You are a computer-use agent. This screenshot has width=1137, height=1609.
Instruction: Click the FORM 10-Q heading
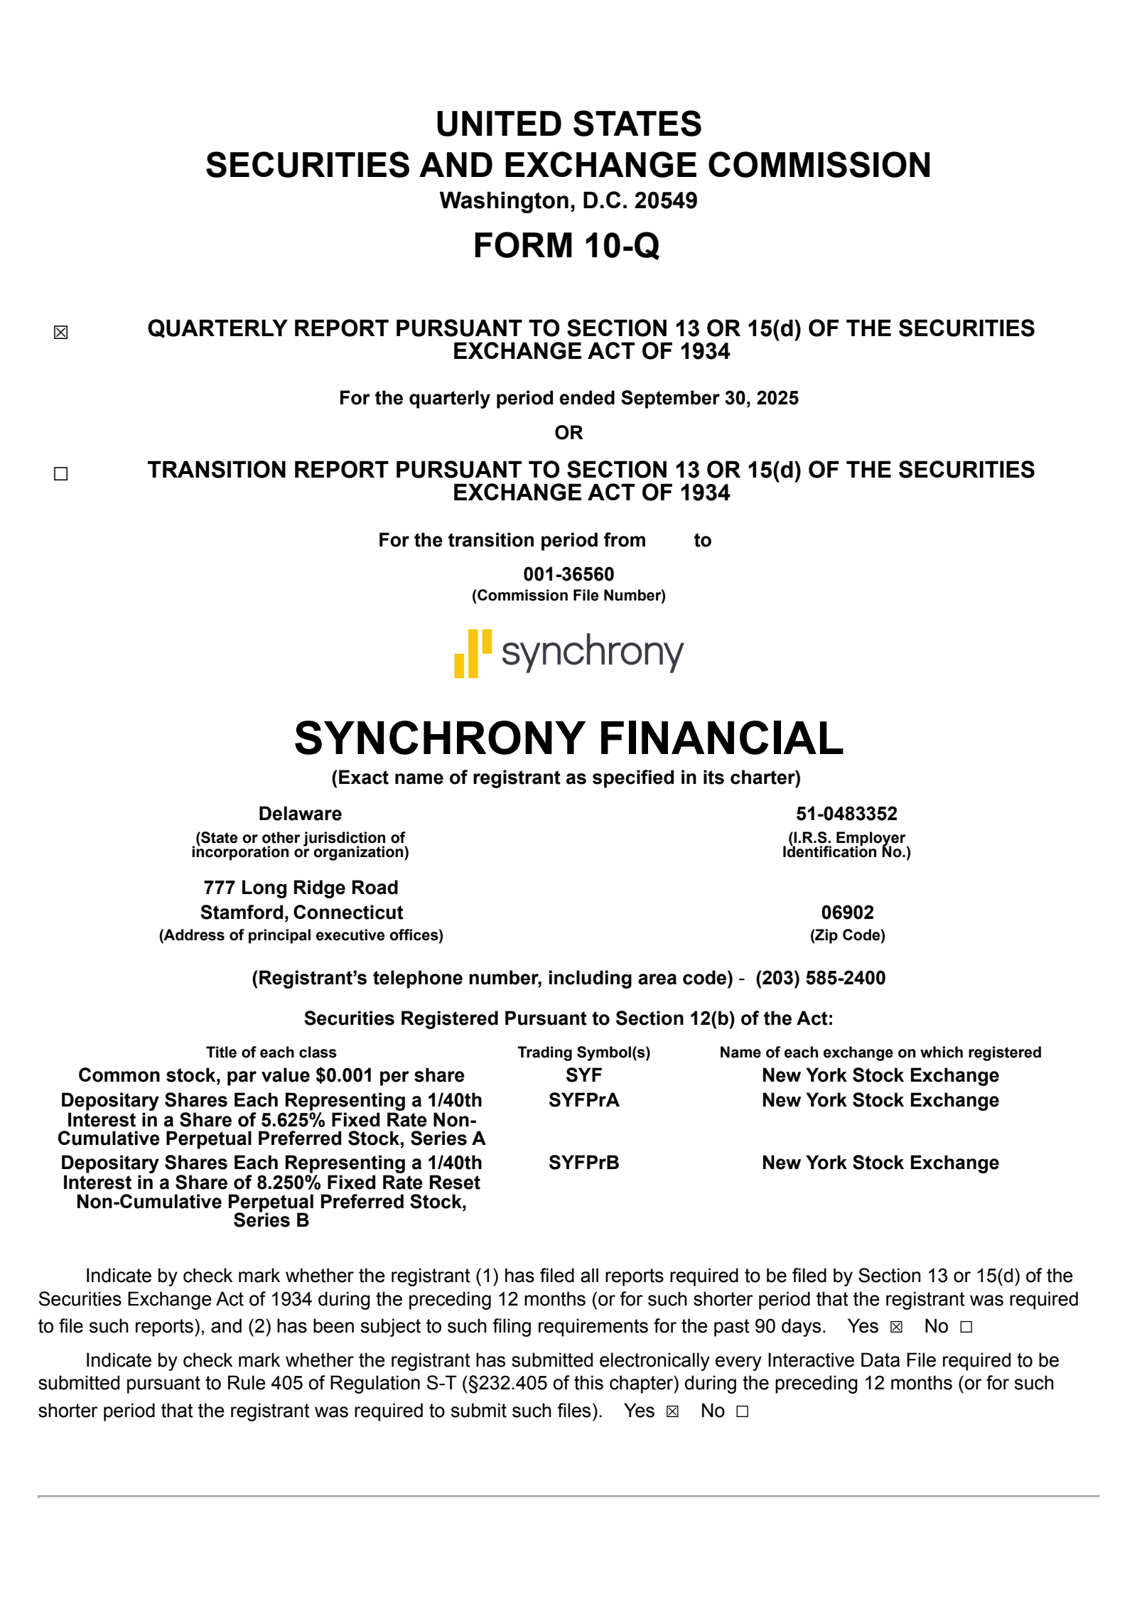(566, 246)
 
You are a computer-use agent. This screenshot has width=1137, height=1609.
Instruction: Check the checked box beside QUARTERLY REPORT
(61, 332)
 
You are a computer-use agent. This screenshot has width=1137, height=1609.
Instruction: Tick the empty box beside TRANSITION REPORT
(61, 473)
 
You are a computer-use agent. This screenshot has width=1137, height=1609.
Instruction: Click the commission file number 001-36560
(568, 574)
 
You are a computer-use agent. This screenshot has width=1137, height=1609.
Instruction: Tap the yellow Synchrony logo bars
(473, 653)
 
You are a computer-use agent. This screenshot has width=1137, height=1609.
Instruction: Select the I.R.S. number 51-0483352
(846, 814)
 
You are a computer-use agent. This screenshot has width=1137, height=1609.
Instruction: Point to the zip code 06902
(847, 913)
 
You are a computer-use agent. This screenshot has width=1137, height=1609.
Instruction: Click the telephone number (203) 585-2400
(820, 978)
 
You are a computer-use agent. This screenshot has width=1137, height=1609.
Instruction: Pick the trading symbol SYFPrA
(583, 1100)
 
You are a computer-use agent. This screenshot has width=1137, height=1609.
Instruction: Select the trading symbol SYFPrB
(583, 1163)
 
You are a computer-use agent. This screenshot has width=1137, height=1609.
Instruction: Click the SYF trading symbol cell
(583, 1075)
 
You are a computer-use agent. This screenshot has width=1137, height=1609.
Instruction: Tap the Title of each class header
(271, 1053)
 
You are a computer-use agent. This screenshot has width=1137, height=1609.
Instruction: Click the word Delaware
(300, 814)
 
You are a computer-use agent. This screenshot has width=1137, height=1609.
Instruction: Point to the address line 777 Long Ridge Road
(301, 888)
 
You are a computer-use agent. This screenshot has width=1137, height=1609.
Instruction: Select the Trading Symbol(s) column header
(583, 1053)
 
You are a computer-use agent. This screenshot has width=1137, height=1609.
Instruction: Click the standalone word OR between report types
(568, 433)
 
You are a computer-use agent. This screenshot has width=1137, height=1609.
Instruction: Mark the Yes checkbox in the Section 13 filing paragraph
(896, 1327)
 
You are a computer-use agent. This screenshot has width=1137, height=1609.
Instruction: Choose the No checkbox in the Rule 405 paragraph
(743, 1411)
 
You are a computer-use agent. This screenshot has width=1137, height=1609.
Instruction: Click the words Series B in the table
(271, 1220)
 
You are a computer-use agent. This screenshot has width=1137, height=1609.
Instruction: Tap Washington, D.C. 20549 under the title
(568, 201)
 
